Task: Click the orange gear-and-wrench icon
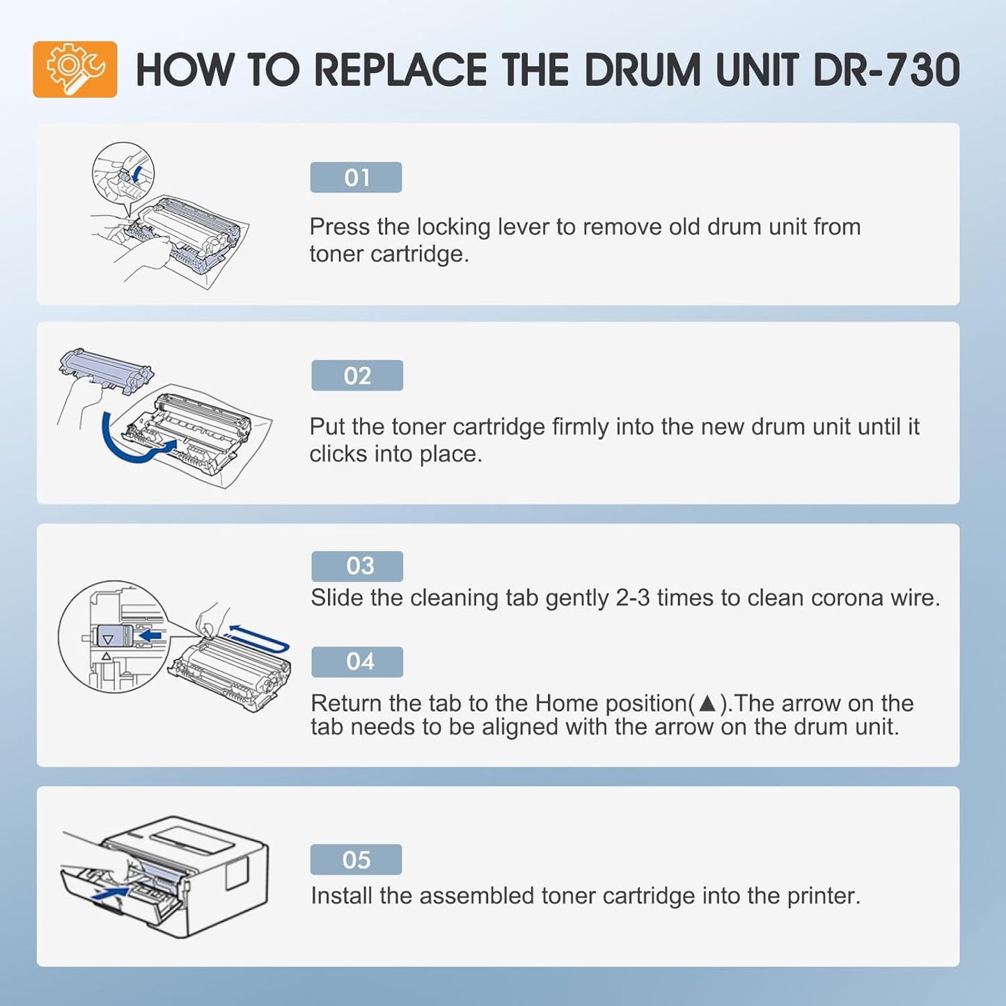pyautogui.click(x=75, y=69)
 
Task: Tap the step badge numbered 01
pyautogui.click(x=356, y=178)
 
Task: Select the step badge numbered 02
pyautogui.click(x=357, y=376)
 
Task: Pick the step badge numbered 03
pyautogui.click(x=357, y=566)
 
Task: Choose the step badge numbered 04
pyautogui.click(x=357, y=661)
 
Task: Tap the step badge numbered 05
pyautogui.click(x=356, y=860)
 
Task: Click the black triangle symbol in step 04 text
pyautogui.click(x=707, y=703)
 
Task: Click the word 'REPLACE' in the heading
pyautogui.click(x=400, y=70)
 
